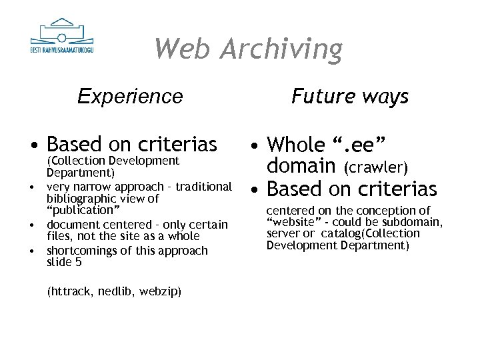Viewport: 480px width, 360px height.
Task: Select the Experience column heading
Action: coord(130,97)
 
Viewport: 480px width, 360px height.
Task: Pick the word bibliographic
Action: coord(83,199)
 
